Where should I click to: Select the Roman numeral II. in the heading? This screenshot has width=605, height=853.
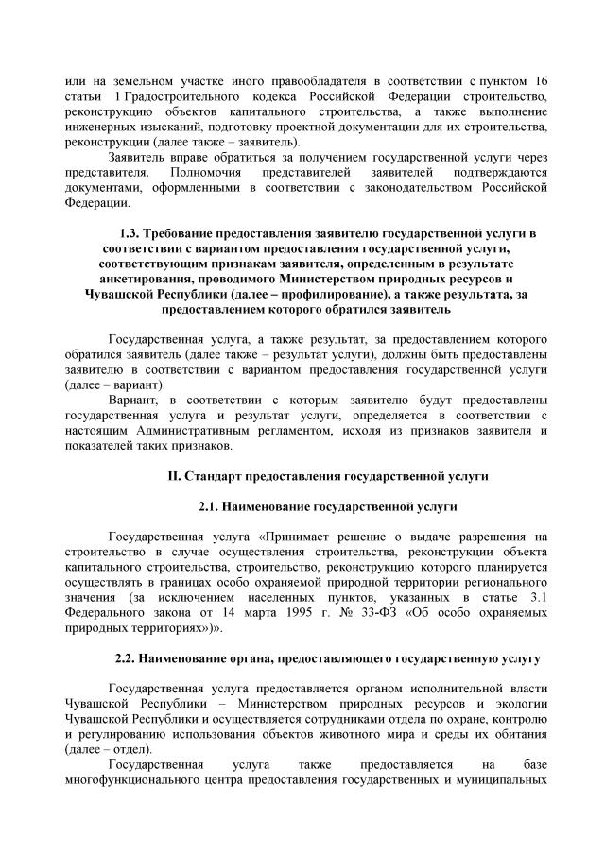(x=174, y=475)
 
